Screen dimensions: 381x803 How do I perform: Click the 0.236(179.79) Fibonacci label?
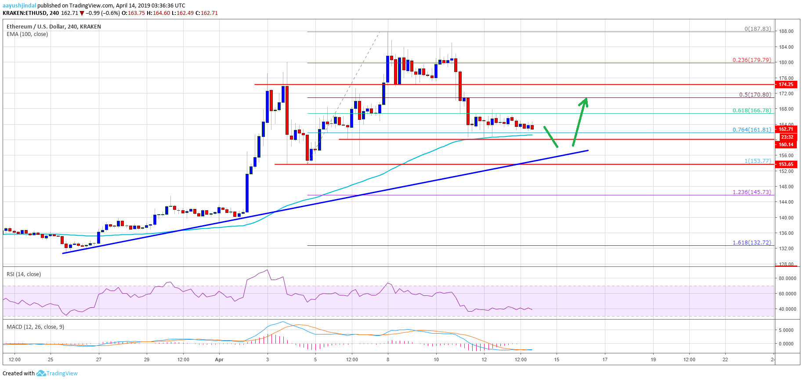(x=752, y=60)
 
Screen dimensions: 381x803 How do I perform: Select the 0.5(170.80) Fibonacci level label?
(x=755, y=95)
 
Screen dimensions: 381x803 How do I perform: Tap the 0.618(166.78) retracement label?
(x=752, y=111)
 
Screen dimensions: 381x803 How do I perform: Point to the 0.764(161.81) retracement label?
(x=752, y=130)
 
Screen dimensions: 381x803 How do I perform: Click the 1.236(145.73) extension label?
(x=752, y=192)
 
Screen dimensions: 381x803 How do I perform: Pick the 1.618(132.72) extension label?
(x=752, y=243)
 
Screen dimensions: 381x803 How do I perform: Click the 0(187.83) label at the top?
(x=757, y=29)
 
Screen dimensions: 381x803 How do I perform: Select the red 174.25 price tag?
(x=786, y=84)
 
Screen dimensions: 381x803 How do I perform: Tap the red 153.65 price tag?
(x=786, y=164)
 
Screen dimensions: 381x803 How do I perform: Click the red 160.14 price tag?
(x=786, y=144)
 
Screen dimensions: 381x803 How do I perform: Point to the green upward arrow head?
(x=585, y=101)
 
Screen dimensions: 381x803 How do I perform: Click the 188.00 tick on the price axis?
(x=786, y=32)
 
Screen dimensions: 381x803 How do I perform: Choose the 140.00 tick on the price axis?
(x=786, y=218)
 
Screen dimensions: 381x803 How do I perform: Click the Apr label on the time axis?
(x=219, y=359)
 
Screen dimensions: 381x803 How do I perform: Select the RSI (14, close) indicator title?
(x=24, y=274)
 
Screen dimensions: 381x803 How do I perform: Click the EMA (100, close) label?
(x=27, y=34)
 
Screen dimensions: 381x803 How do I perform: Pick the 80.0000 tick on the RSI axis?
(x=787, y=278)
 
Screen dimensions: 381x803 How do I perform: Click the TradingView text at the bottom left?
(x=62, y=374)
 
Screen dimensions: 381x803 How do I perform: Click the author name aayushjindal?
(x=19, y=6)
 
